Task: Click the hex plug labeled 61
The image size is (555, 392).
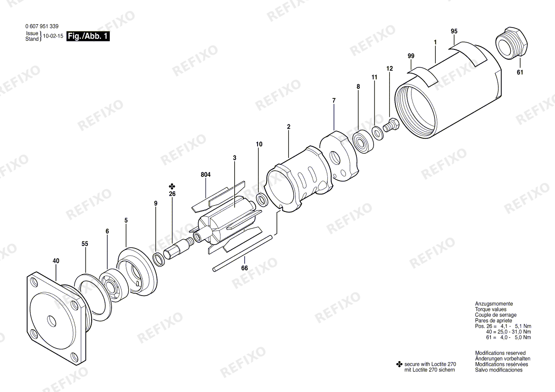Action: (511, 41)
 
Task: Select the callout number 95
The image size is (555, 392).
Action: (454, 31)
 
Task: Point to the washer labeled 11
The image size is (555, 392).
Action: (377, 133)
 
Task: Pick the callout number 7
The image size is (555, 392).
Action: (334, 101)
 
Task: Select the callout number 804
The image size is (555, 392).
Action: (206, 175)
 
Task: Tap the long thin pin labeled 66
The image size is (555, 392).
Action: (243, 252)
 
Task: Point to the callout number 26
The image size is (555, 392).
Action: (172, 194)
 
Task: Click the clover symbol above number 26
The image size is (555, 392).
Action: (172, 186)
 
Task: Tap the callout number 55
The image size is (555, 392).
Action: (85, 244)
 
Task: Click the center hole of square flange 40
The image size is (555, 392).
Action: (52, 320)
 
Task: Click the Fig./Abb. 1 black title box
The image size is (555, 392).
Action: (88, 36)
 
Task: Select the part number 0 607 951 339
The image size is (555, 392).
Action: (42, 26)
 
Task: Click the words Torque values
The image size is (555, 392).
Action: (490, 309)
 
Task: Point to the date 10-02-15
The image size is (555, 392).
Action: (53, 36)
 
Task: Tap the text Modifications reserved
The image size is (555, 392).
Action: (500, 353)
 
